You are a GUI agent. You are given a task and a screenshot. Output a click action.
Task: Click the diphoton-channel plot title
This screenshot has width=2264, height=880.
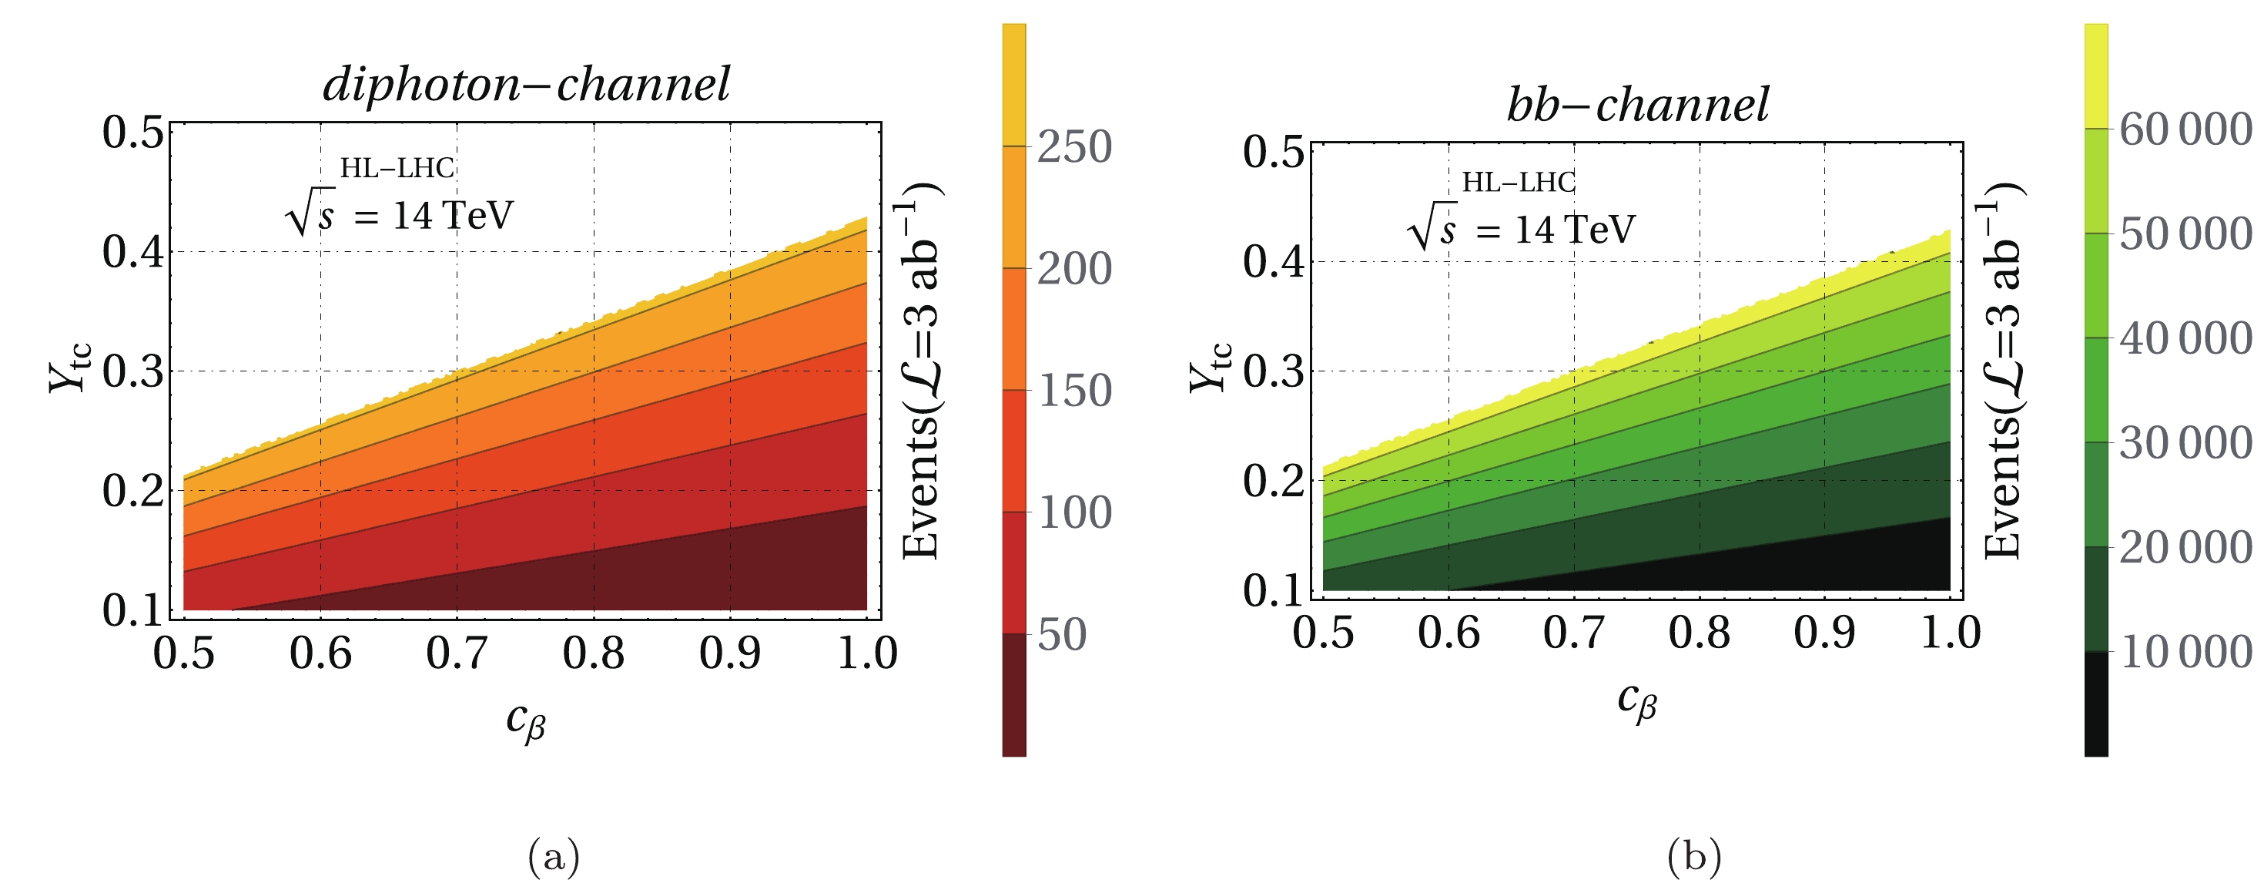[x=525, y=86]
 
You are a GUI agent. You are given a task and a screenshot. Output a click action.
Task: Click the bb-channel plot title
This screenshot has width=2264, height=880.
[x=1636, y=106]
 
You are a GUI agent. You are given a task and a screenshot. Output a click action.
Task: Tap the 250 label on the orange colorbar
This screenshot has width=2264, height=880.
[x=1074, y=147]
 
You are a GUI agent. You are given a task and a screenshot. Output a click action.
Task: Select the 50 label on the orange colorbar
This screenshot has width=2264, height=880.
[x=1062, y=635]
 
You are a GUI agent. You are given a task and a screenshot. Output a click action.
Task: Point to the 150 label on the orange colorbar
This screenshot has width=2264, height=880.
[x=1074, y=391]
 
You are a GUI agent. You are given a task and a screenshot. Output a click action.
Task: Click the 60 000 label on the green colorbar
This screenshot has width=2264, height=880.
[x=2185, y=130]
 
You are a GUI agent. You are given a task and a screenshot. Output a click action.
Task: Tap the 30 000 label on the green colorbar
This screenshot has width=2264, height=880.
[x=2185, y=443]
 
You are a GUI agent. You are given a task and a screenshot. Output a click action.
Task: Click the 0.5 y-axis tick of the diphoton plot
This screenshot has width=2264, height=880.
[x=132, y=133]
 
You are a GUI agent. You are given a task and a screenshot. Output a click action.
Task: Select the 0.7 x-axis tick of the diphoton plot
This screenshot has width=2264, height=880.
[x=456, y=653]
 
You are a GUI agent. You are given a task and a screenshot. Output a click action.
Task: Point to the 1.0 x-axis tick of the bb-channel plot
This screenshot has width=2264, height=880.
[x=1949, y=633]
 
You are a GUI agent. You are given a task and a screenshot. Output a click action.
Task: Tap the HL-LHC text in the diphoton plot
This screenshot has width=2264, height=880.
[x=397, y=168]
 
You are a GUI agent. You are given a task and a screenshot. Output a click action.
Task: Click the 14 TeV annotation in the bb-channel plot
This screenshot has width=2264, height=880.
[x=1573, y=230]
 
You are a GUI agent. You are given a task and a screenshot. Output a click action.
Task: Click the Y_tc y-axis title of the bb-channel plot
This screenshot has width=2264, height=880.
[x=1211, y=368]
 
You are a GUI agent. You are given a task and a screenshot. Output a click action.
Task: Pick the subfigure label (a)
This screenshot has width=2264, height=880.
[x=554, y=855]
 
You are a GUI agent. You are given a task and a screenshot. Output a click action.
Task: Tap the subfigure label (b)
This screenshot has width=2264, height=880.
[x=1693, y=855]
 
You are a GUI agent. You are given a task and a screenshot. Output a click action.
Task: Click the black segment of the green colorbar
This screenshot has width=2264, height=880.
[x=2095, y=704]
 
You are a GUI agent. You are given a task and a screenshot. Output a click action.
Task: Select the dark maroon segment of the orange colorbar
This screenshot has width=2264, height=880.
[x=1013, y=694]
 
